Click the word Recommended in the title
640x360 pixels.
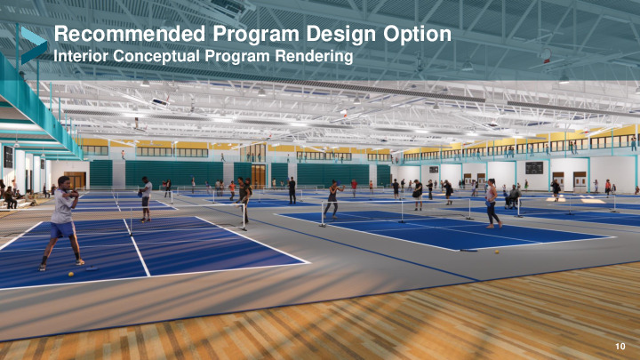(130, 34)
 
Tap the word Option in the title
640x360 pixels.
(417, 35)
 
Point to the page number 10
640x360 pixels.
(620, 346)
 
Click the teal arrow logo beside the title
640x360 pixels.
(33, 44)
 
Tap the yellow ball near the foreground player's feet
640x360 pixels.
(71, 275)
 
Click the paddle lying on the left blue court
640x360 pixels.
(91, 268)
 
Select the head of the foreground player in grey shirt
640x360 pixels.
(63, 181)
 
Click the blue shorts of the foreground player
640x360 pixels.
(62, 229)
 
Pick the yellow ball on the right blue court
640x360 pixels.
(497, 252)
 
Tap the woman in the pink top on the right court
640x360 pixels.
(492, 203)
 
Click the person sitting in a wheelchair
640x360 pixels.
(513, 196)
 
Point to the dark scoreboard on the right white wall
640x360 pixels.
(534, 168)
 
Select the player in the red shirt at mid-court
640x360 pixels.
(354, 188)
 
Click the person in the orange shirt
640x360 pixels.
(232, 190)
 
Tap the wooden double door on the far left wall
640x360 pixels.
(76, 180)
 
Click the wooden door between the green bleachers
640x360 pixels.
(259, 176)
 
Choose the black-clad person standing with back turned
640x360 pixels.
(292, 190)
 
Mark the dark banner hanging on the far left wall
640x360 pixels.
(8, 157)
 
